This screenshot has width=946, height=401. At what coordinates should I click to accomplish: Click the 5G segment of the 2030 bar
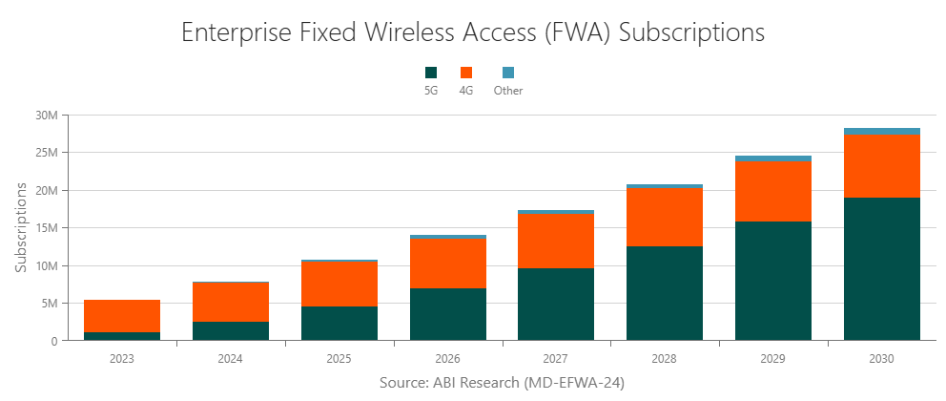[x=881, y=268]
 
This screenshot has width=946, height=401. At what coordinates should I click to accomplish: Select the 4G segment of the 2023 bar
[x=122, y=316]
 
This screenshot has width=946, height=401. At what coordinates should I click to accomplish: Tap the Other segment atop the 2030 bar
[x=881, y=132]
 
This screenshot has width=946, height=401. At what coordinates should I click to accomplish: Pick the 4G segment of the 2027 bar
[x=556, y=241]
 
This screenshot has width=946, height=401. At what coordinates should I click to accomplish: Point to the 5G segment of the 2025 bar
[x=339, y=323]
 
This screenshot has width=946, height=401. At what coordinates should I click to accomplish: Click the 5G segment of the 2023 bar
[x=122, y=336]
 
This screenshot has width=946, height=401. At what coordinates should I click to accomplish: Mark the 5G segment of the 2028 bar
[x=665, y=293]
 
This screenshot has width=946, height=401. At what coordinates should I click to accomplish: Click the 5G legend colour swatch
[x=431, y=73]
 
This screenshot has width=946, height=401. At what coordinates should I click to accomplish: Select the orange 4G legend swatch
[x=466, y=73]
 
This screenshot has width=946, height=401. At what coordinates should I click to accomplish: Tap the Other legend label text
[x=508, y=91]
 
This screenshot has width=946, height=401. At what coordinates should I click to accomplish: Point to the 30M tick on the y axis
[x=46, y=116]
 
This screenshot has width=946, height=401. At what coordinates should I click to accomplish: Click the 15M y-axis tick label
[x=46, y=228]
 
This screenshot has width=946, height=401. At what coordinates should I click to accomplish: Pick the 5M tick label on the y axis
[x=48, y=304]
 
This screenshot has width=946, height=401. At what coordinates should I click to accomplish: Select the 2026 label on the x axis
[x=447, y=359]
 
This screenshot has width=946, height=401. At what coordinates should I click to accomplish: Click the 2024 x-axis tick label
[x=230, y=359]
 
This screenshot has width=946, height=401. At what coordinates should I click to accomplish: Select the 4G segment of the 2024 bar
[x=230, y=302]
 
